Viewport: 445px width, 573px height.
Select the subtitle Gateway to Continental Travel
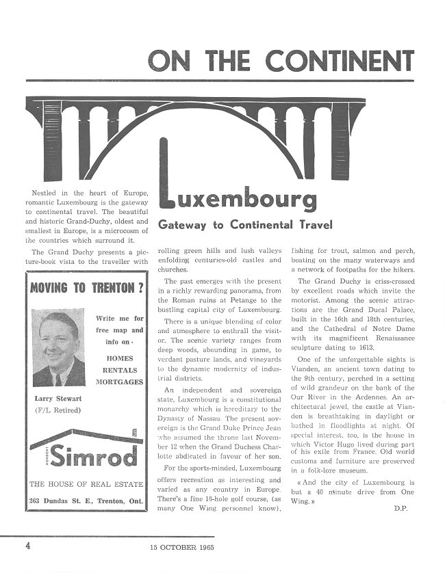coord(245,224)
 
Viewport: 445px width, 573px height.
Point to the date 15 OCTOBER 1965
coord(183,546)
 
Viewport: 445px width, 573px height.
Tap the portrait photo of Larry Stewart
coord(59,349)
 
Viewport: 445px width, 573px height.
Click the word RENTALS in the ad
coord(120,369)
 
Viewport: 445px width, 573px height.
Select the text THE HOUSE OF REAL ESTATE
coord(86,485)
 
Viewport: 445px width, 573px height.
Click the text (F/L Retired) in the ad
coord(58,410)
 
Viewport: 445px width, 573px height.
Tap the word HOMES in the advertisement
coord(120,357)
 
